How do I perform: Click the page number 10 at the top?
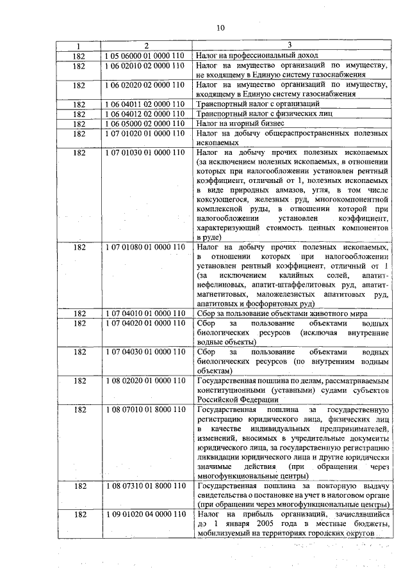pyautogui.click(x=221, y=27)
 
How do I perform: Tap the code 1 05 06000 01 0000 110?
pyautogui.click(x=146, y=56)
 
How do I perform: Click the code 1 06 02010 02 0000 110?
pyautogui.click(x=146, y=65)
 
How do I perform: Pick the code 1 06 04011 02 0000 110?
pyautogui.click(x=146, y=104)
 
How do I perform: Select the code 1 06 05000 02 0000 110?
pyautogui.click(x=146, y=123)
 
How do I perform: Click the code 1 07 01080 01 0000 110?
pyautogui.click(x=146, y=246)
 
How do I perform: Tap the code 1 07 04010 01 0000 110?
pyautogui.click(x=146, y=313)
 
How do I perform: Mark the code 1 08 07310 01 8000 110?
pyautogui.click(x=146, y=487)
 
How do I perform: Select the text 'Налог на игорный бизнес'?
pyautogui.click(x=240, y=123)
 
